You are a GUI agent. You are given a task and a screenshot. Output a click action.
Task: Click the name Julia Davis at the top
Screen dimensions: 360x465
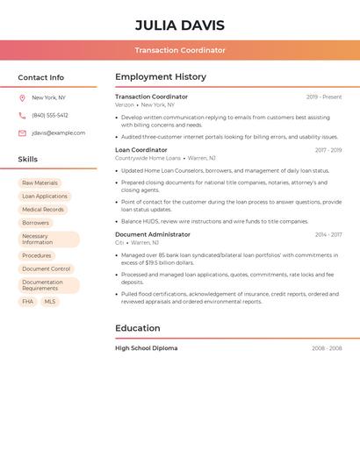(180, 25)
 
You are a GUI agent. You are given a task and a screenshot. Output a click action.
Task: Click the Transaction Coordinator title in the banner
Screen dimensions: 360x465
(180, 50)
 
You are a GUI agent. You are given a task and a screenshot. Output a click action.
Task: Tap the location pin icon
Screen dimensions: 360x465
(22, 97)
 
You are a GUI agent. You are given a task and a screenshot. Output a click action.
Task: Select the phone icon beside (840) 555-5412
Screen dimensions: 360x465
(22, 115)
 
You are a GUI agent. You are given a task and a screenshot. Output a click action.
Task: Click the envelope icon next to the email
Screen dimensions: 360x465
(22, 133)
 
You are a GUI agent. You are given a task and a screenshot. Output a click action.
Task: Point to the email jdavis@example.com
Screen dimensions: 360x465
(59, 133)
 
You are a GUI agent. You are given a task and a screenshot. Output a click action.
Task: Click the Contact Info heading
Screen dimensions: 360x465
(40, 77)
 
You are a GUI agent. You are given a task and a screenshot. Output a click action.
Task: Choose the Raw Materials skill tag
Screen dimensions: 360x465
(40, 183)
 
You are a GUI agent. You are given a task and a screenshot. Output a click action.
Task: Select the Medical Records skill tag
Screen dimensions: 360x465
(43, 210)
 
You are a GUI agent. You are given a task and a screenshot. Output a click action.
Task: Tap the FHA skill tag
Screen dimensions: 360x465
(28, 302)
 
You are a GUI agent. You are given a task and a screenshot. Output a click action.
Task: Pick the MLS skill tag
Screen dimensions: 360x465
(50, 302)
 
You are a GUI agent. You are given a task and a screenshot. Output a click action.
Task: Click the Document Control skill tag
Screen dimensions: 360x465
(47, 269)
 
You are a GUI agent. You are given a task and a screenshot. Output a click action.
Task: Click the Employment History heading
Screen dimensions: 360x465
(161, 77)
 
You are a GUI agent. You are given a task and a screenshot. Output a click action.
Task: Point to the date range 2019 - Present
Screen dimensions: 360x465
(324, 97)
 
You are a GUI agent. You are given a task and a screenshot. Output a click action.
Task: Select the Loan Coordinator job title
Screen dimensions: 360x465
(141, 150)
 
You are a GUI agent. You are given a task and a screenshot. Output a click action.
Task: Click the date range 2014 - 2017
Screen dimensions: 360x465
(328, 235)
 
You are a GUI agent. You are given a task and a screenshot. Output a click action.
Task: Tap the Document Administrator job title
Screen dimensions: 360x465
(153, 234)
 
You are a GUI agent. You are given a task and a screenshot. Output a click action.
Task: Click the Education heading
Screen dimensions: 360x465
(138, 328)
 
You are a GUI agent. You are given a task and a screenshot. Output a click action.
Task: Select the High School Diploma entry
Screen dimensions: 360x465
(146, 348)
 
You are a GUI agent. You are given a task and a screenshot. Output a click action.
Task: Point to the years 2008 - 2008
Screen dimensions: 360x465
(327, 348)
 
